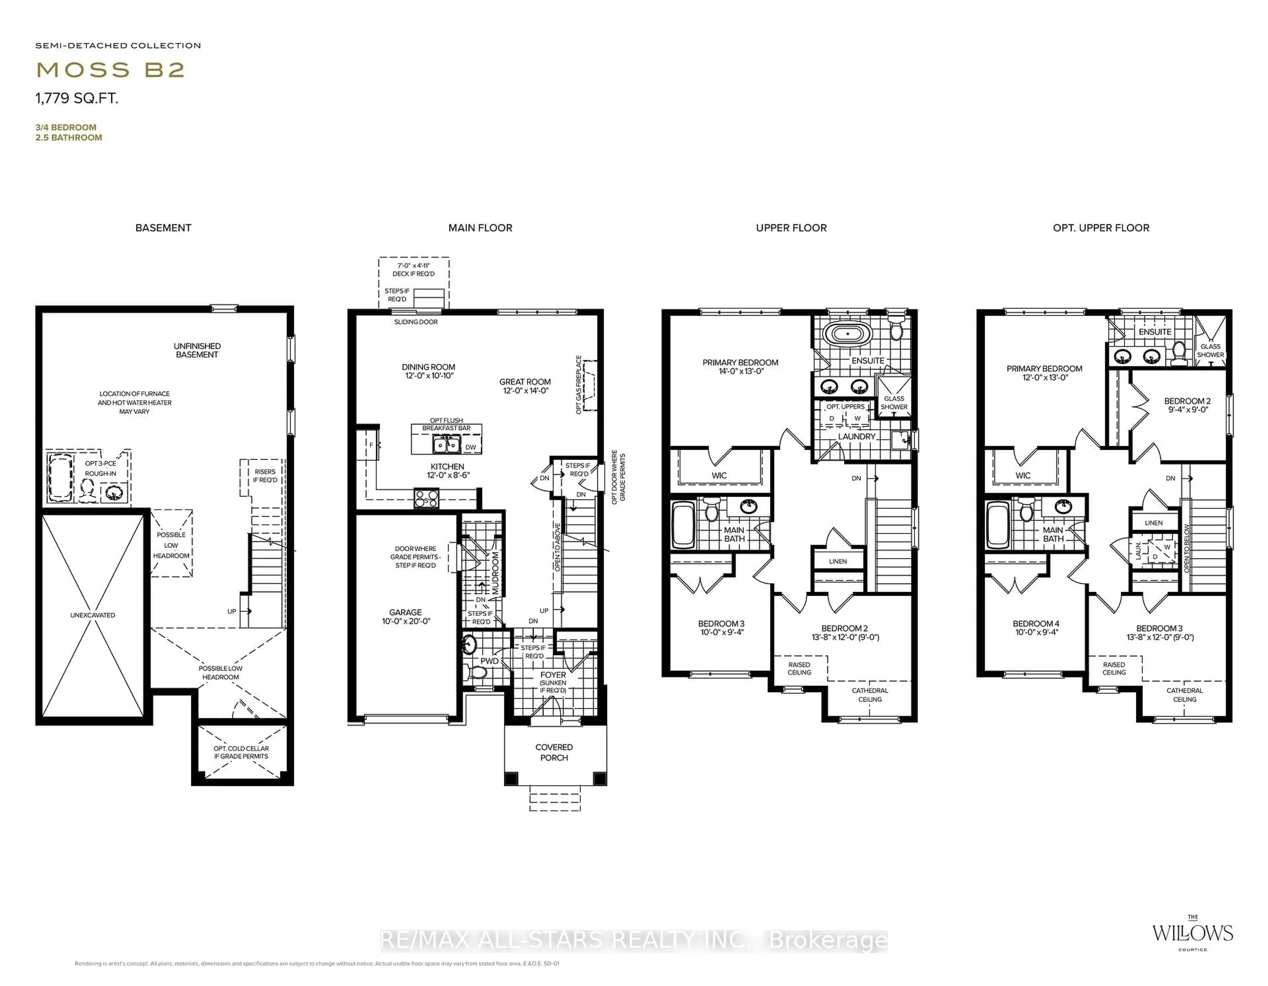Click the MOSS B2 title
[x=110, y=70]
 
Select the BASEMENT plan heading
[x=163, y=228]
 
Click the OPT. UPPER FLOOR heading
[x=1101, y=228]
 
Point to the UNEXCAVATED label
[x=93, y=615]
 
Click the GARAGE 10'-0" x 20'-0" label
[x=406, y=617]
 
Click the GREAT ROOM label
[x=525, y=386]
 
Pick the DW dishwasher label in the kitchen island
[x=470, y=447]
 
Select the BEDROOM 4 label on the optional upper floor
[x=1036, y=628]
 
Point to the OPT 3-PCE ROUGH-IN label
[x=100, y=468]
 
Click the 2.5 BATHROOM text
[x=68, y=138]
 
